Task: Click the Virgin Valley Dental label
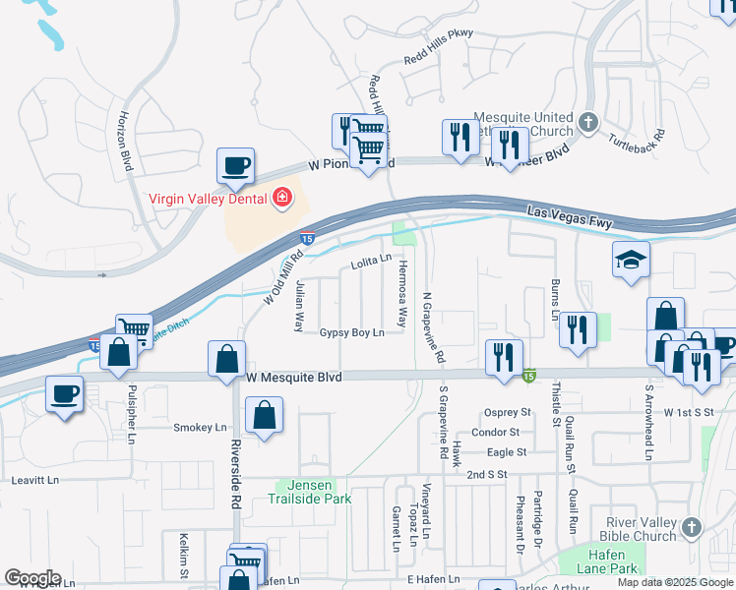click(x=209, y=198)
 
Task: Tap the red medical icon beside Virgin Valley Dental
click(x=283, y=198)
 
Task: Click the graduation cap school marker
click(x=631, y=260)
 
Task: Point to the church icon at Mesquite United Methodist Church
click(x=588, y=123)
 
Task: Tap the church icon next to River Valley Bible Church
click(x=692, y=528)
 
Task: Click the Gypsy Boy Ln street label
click(x=351, y=333)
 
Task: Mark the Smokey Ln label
click(x=200, y=428)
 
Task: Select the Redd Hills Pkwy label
click(x=439, y=61)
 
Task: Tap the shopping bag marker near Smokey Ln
click(x=265, y=415)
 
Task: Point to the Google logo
click(x=32, y=578)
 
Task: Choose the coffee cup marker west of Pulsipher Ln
click(x=66, y=394)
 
